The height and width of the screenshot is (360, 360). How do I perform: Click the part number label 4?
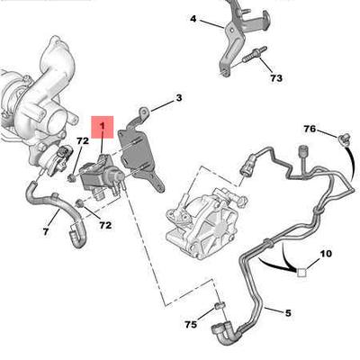193,19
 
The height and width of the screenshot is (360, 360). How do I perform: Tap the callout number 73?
276,78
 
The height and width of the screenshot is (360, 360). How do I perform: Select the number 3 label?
179,98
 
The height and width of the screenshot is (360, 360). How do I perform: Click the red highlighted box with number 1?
103,127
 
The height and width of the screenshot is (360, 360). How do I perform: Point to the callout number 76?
310,129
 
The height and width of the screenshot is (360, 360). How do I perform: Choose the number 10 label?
326,254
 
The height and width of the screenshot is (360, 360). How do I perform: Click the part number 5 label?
288,313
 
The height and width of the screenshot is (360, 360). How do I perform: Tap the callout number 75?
191,324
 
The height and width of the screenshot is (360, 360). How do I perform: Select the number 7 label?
46,231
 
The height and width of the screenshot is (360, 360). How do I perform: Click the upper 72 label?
83,140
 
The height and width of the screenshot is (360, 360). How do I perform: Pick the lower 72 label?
105,225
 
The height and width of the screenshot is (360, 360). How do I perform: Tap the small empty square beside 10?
301,273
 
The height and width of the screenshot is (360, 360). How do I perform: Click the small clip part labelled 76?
342,139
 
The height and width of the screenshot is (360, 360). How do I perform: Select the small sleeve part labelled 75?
219,306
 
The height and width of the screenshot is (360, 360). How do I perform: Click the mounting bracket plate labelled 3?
142,152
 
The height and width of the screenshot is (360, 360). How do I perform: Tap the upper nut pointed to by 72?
72,177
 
